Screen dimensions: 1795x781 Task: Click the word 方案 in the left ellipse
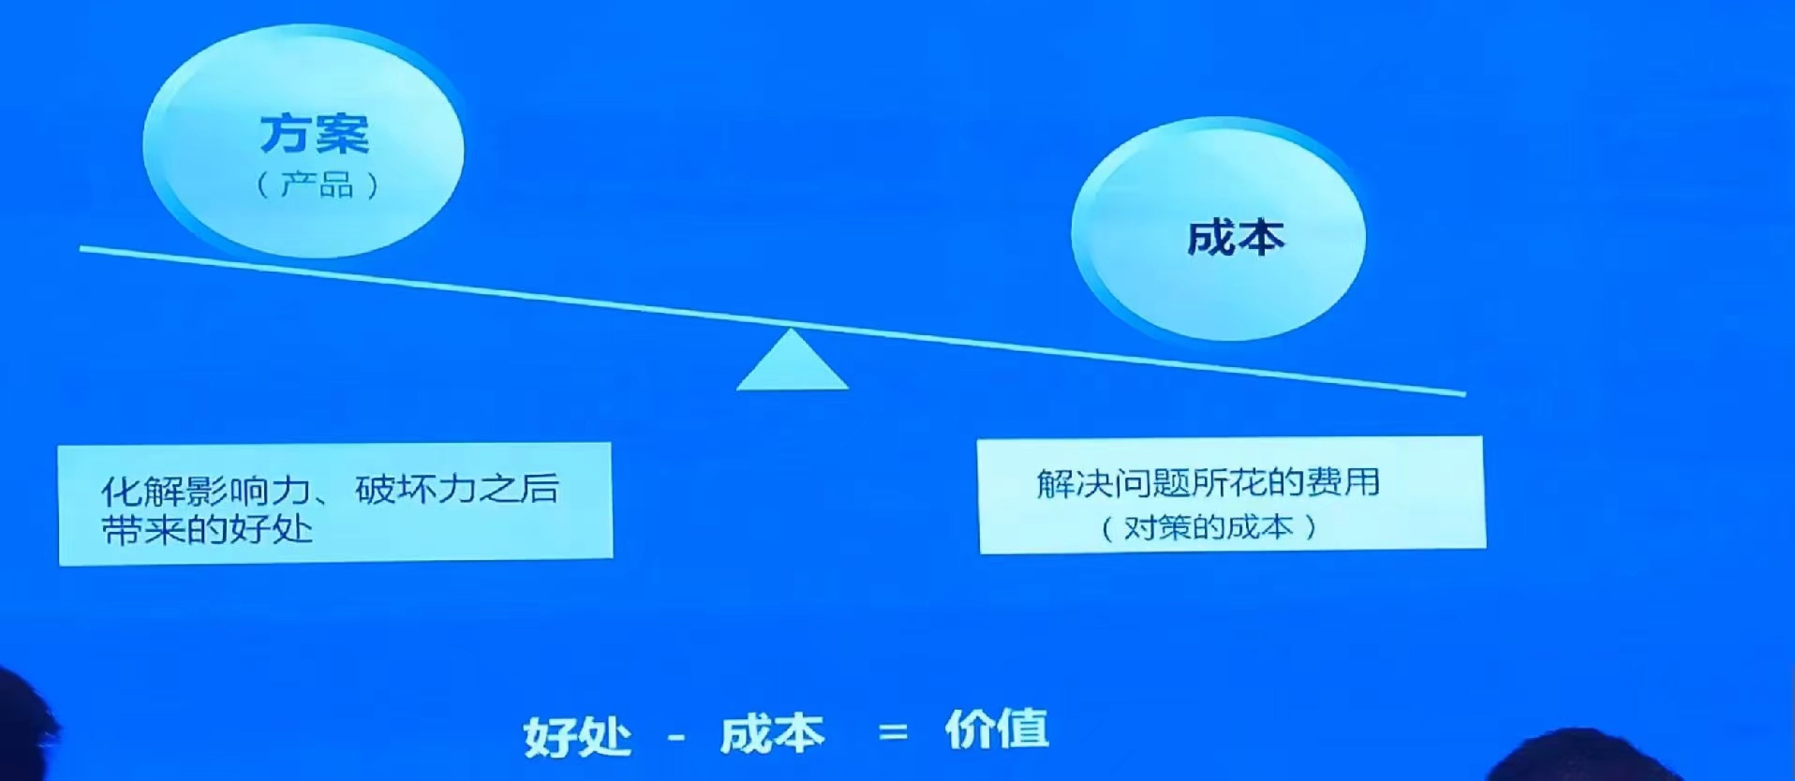click(315, 134)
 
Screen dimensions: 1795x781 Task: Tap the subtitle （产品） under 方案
click(318, 184)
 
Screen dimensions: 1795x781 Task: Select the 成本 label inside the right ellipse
click(1236, 238)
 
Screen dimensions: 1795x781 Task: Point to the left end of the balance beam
click(82, 249)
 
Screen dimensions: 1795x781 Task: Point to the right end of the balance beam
click(1464, 394)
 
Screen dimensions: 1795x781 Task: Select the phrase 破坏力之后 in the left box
click(457, 489)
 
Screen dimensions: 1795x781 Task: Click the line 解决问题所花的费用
click(1209, 482)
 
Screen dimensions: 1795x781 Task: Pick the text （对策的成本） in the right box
click(1209, 527)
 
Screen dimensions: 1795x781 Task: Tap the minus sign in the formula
click(677, 738)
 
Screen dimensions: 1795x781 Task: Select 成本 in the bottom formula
click(772, 734)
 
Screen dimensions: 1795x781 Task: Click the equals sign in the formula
click(894, 732)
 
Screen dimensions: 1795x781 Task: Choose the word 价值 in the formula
click(997, 729)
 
